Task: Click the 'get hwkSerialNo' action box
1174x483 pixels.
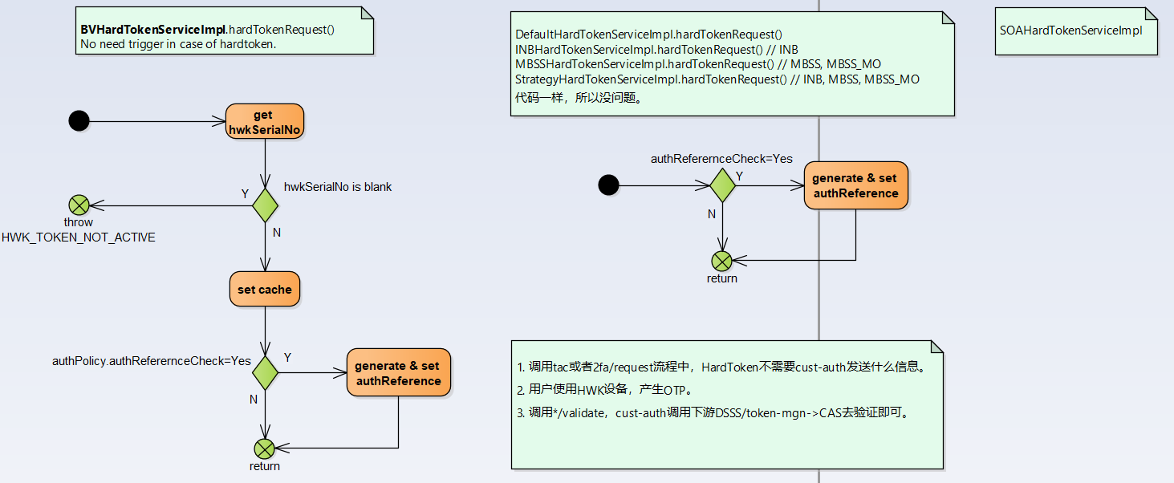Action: (x=264, y=122)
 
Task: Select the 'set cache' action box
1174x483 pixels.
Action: (x=264, y=290)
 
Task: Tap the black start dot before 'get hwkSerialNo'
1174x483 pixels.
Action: (x=79, y=121)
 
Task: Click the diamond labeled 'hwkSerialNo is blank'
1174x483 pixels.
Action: (x=265, y=205)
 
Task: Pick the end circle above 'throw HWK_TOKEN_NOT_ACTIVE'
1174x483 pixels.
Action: (x=79, y=205)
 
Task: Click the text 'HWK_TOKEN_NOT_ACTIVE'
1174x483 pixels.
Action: (x=79, y=237)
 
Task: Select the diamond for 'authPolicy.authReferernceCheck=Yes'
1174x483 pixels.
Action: (x=265, y=373)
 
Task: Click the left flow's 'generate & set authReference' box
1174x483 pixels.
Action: (x=398, y=373)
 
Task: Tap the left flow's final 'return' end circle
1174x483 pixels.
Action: (x=264, y=448)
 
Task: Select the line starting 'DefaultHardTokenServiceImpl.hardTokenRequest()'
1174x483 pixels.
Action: (x=648, y=34)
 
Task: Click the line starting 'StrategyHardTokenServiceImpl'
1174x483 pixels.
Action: (x=717, y=79)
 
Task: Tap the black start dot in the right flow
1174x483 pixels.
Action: (x=608, y=185)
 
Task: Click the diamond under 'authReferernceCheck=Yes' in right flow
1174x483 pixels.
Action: (x=723, y=185)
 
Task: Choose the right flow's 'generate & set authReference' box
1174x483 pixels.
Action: (x=855, y=185)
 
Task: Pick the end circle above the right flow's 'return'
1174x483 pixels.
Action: (x=722, y=261)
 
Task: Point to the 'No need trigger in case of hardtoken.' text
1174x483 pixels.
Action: (x=178, y=44)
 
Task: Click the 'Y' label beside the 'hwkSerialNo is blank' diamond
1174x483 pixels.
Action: (x=245, y=193)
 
